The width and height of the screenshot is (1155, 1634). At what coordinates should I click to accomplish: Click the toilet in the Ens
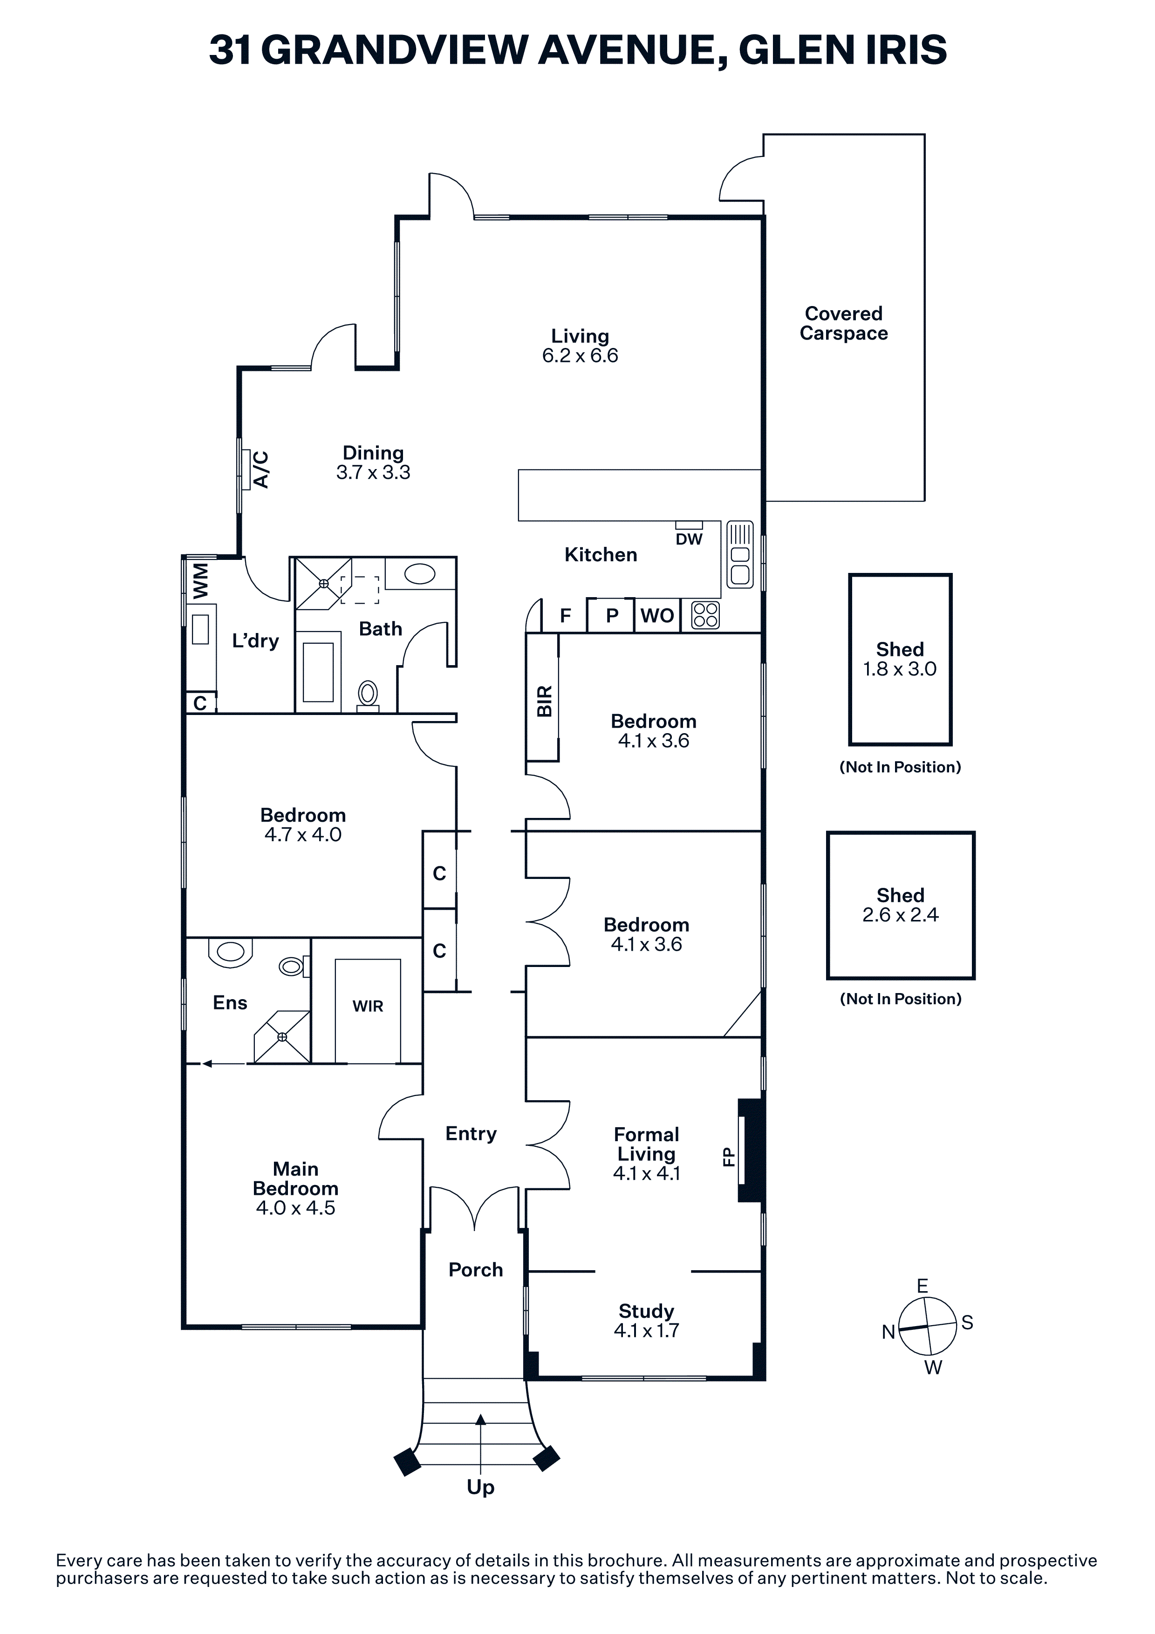pos(293,966)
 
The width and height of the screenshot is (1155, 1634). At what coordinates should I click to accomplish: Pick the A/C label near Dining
pos(261,470)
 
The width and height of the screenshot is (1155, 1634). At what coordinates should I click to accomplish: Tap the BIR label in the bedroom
pos(544,701)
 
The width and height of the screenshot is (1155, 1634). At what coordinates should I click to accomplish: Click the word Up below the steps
pos(480,1487)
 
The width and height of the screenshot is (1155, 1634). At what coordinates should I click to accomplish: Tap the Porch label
pos(475,1270)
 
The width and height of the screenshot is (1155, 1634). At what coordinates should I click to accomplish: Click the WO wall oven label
pos(657,616)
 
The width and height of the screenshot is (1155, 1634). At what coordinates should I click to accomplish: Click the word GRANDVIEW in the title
pos(395,50)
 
